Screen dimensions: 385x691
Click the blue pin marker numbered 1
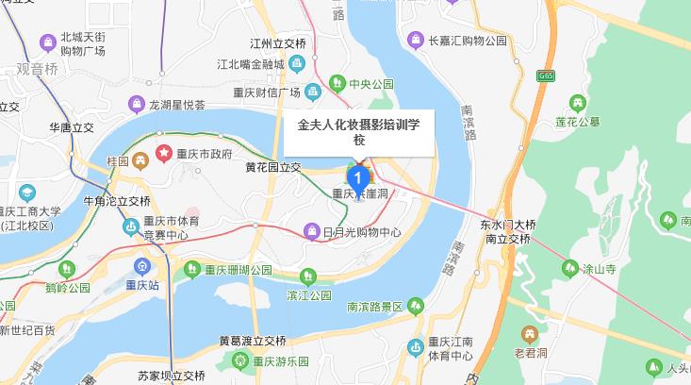click(358, 176)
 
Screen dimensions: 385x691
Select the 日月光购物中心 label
click(362, 231)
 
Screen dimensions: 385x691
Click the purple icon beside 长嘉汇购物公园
click(414, 40)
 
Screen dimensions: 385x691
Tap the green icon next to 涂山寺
click(569, 267)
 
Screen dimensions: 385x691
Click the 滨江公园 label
click(306, 295)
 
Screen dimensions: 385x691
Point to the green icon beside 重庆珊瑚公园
click(192, 269)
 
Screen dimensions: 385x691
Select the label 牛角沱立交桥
click(117, 201)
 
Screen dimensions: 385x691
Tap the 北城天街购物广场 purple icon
click(46, 42)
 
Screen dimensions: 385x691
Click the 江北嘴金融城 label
click(251, 64)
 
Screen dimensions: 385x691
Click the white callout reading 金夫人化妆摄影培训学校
click(358, 131)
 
